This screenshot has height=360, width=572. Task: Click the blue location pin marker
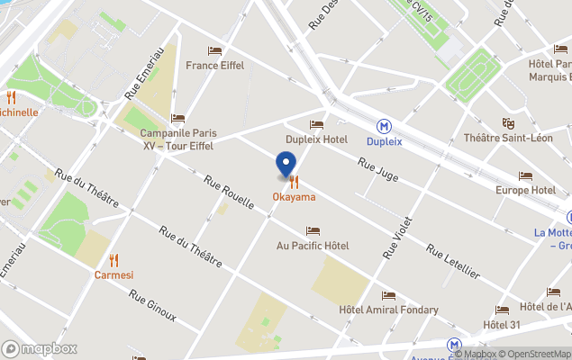pos(285,165)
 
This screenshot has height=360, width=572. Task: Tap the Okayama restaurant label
pos(294,196)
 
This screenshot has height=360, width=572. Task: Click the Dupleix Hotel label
pos(316,139)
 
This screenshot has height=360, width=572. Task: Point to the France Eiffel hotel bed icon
pos(214,51)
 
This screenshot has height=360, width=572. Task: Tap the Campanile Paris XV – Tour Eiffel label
pos(178,139)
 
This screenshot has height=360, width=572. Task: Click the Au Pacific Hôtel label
pos(313,246)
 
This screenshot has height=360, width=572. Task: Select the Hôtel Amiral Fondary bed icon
pos(388,295)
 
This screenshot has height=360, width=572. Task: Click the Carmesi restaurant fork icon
pos(113,260)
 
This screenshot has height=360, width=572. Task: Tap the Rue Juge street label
pos(377,168)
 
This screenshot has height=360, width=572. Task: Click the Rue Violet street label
pos(397,237)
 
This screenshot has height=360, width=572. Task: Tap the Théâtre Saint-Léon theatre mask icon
pos(508,122)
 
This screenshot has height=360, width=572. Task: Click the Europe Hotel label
pos(525,190)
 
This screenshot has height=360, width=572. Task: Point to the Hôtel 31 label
pos(502,324)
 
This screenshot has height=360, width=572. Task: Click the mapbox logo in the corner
pos(40,348)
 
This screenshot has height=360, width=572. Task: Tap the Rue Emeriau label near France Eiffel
pos(144,72)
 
